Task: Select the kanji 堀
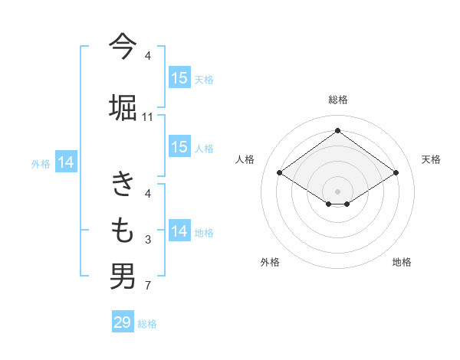[123, 105]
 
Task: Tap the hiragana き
[123, 184]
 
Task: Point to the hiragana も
[123, 229]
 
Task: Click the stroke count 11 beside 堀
[148, 117]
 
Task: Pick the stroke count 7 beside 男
[148, 287]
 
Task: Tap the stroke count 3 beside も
[148, 241]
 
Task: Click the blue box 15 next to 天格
[179, 78]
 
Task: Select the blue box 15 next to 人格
[179, 147]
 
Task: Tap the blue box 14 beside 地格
[179, 231]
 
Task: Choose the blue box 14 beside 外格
[66, 162]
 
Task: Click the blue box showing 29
[123, 322]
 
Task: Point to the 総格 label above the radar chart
[337, 100]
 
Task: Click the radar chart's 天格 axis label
[431, 159]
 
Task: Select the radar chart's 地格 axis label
[402, 262]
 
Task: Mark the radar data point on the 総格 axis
[337, 131]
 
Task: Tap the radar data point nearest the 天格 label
[396, 173]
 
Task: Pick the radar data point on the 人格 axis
[280, 173]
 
